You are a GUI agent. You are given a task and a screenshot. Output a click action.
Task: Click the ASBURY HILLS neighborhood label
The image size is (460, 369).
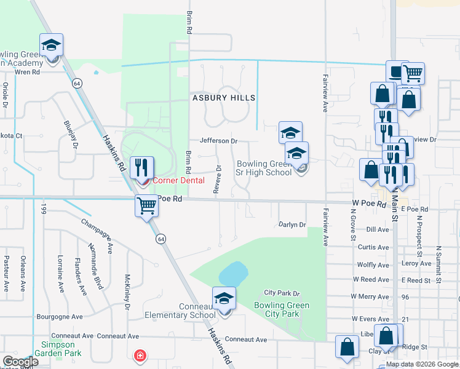pyautogui.click(x=223, y=98)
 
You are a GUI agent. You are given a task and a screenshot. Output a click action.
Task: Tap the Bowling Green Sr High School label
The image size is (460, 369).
pyautogui.click(x=264, y=169)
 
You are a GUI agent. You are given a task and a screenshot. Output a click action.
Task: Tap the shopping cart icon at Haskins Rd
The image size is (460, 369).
pyautogui.click(x=147, y=205)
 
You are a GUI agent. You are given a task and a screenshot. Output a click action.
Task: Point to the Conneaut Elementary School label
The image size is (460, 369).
pyautogui.click(x=180, y=311)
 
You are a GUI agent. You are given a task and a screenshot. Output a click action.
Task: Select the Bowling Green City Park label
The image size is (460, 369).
pyautogui.click(x=282, y=309)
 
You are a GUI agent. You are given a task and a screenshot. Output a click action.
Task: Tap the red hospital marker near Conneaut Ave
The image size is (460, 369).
pyautogui.click(x=140, y=355)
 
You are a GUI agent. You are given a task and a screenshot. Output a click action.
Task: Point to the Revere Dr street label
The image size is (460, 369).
pyautogui.click(x=218, y=179)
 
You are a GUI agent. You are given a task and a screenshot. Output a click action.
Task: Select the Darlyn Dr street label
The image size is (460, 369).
pyautogui.click(x=292, y=225)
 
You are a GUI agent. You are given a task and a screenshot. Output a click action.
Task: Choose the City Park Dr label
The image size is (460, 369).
pyautogui.click(x=281, y=293)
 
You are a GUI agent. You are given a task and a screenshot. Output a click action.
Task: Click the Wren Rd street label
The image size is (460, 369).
pyautogui.click(x=26, y=72)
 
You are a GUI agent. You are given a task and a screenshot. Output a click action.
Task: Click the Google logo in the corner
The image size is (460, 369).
pyautogui.click(x=20, y=362)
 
